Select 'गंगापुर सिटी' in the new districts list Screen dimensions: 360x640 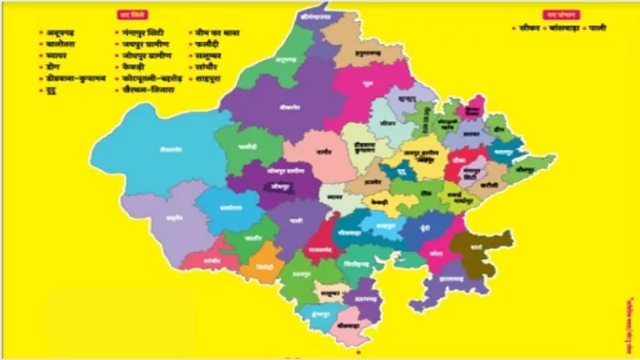click(144, 31)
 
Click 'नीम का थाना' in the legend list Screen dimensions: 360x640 click(216, 31)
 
